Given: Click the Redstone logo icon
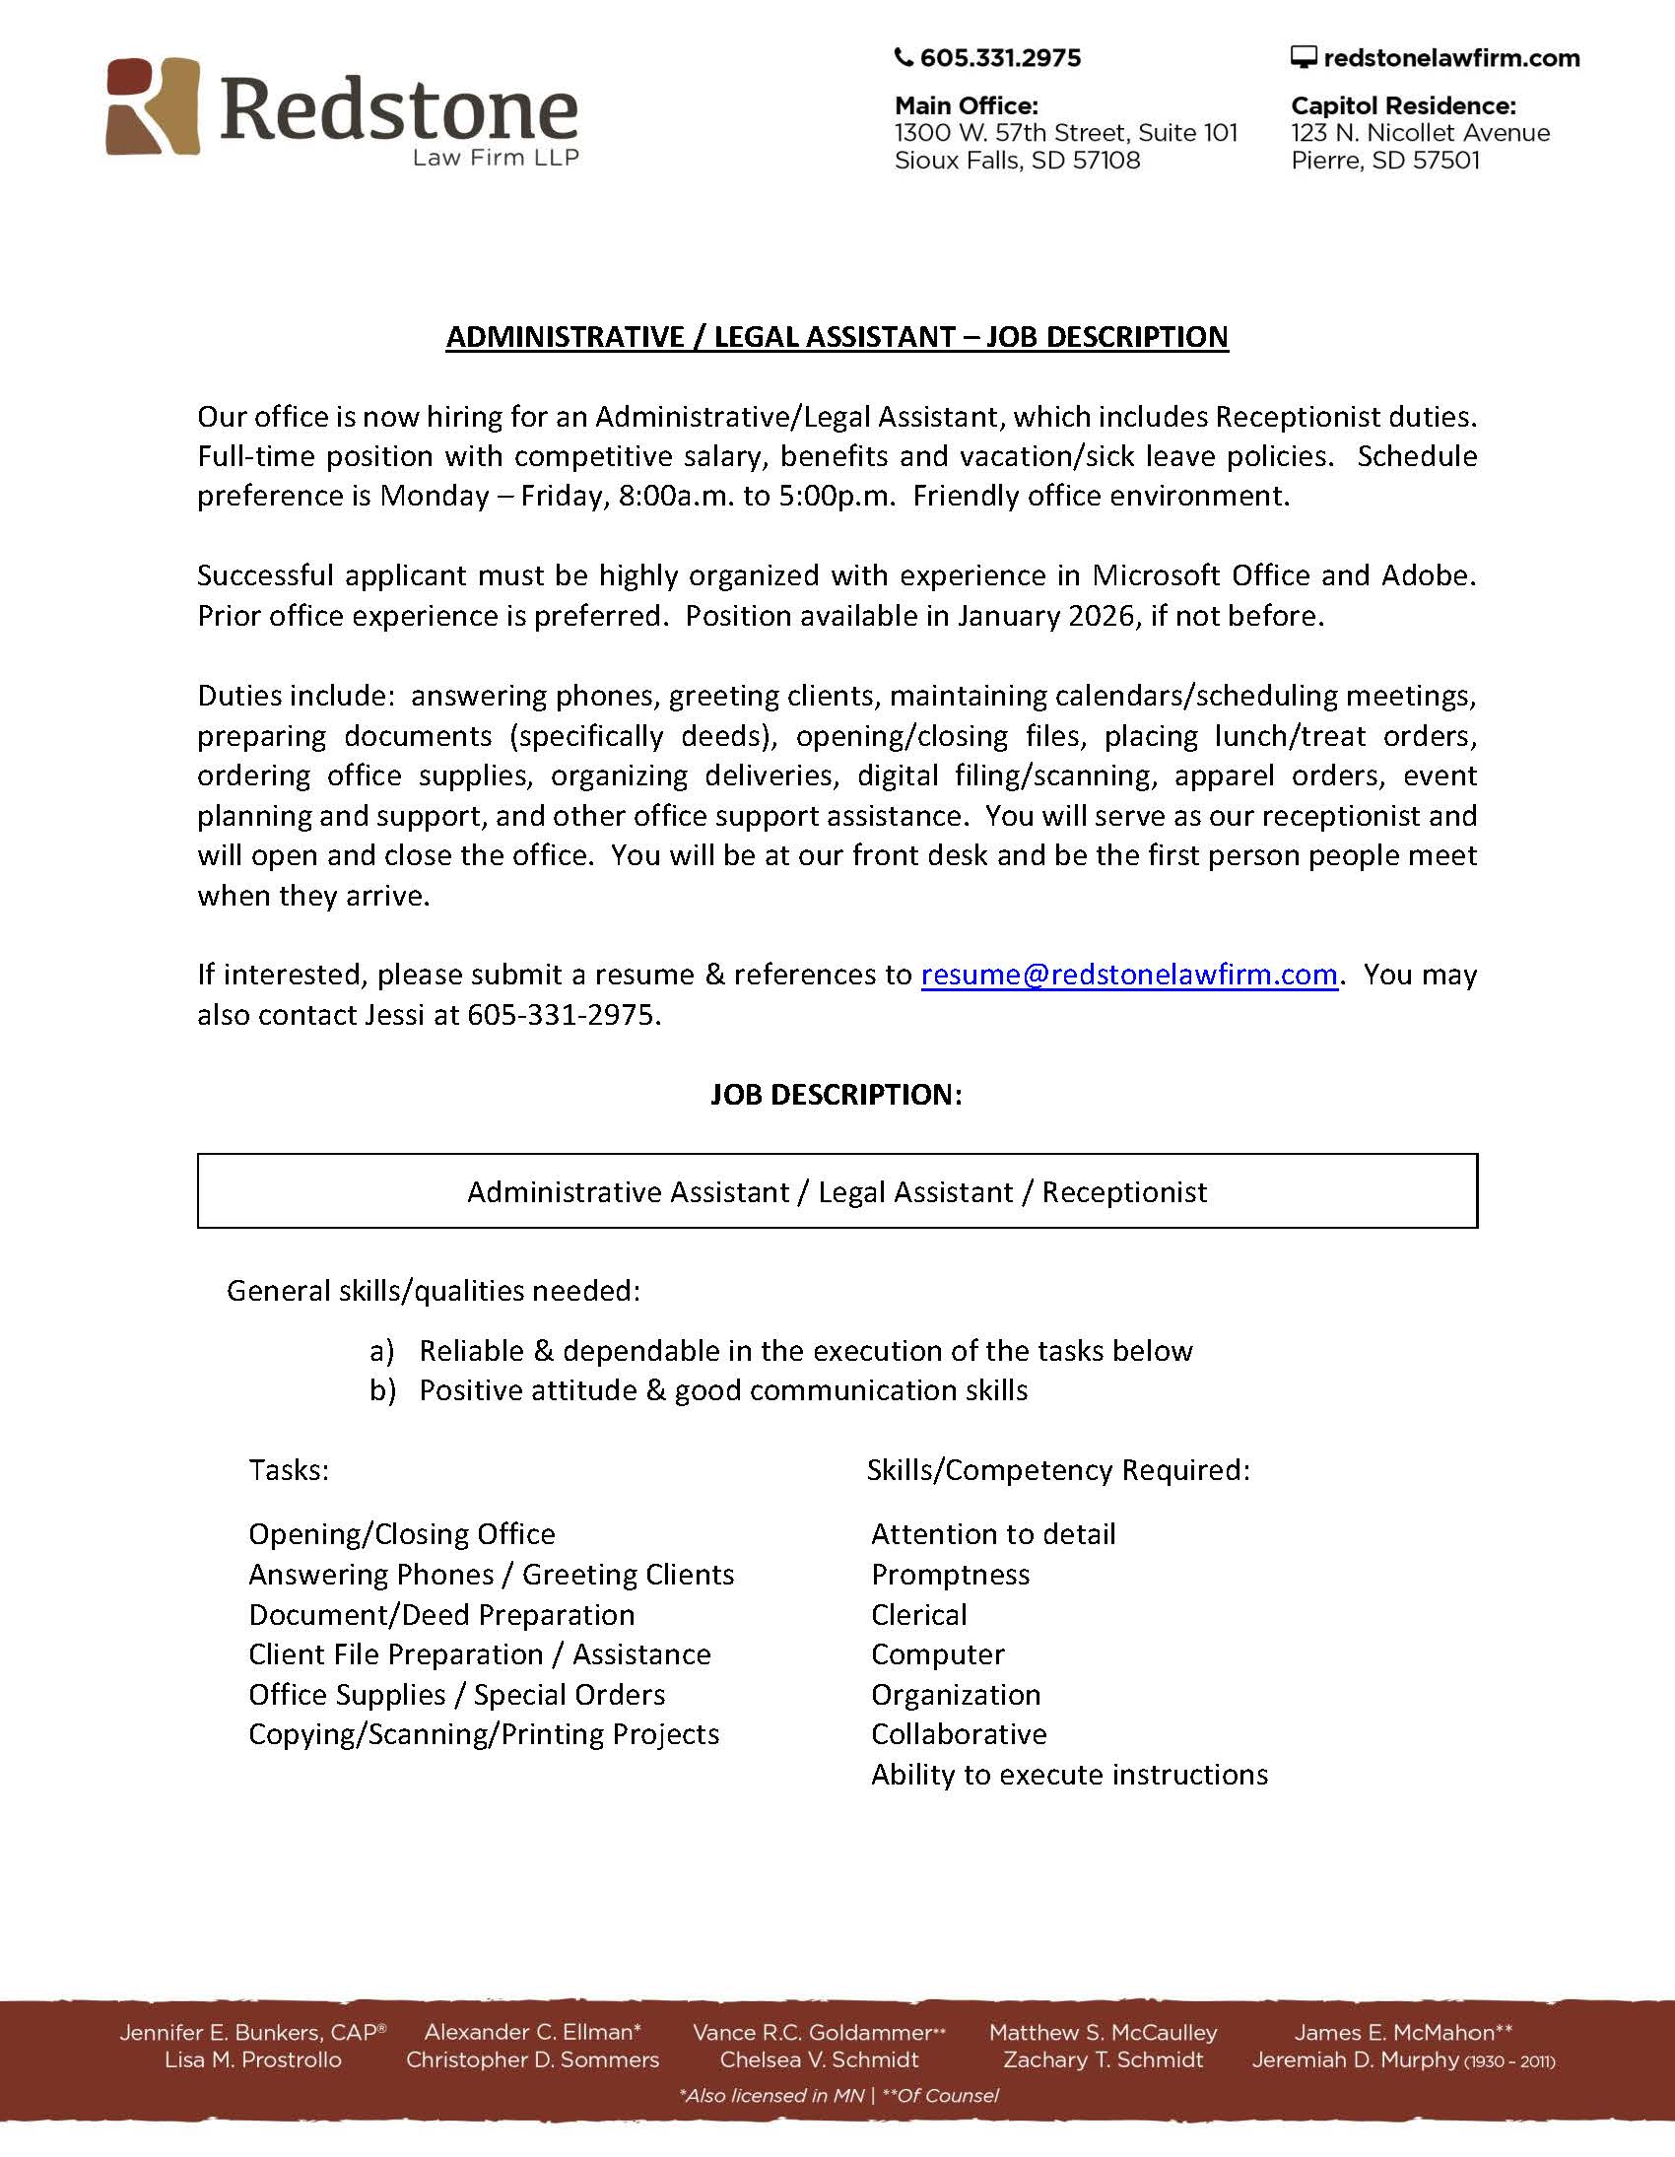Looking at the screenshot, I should tap(153, 105).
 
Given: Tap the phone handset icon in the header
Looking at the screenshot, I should tap(903, 57).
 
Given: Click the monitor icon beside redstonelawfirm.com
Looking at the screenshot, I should tap(1304, 57).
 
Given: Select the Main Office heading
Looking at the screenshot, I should tap(966, 105).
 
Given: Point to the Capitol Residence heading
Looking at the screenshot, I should tap(1402, 105).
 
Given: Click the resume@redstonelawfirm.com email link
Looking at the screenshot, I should tap(1129, 975).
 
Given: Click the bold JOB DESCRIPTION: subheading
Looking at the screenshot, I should tap(836, 1095).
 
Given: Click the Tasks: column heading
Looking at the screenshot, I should tap(289, 1469).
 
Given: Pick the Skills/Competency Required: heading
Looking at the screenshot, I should tap(1058, 1469).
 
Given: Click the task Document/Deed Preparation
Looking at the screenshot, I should tap(441, 1614).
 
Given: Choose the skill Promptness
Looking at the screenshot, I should tap(950, 1575).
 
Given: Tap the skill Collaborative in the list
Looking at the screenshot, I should tap(959, 1733).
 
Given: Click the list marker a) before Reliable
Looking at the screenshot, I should tap(381, 1350).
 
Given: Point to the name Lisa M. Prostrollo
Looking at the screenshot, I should tap(253, 2059).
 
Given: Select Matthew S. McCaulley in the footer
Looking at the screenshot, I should tap(1104, 2032).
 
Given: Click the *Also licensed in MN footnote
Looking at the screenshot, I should tap(771, 2095).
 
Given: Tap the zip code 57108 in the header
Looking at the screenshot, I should tap(1106, 160).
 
